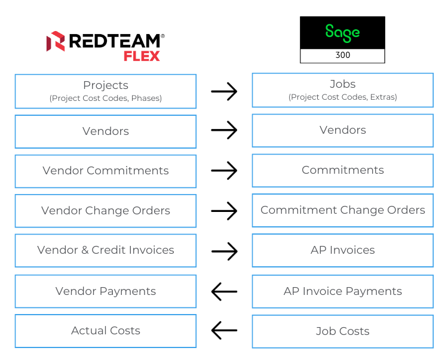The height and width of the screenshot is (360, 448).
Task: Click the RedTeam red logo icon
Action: point(56,41)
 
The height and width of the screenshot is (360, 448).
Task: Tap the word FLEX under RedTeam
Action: point(142,56)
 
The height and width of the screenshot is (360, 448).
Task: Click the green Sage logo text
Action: point(342,32)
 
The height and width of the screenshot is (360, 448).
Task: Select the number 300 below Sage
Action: point(342,56)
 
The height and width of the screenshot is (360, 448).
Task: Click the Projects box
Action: point(105,91)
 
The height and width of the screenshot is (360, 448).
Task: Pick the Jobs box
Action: point(342,90)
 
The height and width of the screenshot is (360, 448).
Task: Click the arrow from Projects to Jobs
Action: point(224,91)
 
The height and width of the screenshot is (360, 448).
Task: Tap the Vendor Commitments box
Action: point(105,171)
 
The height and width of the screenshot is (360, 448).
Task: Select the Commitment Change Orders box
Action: point(342,210)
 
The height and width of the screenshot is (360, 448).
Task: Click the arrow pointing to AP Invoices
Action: point(224,251)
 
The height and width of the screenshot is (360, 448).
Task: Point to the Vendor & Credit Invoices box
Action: point(105,250)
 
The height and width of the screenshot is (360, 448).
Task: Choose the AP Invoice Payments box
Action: point(342,291)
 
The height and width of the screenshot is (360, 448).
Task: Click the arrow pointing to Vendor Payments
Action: point(224,292)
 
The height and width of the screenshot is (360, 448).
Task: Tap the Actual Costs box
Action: point(105,331)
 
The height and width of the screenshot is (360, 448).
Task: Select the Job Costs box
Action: point(342,331)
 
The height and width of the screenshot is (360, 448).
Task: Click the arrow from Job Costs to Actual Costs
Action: point(224,330)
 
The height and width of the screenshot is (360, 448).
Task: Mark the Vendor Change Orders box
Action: point(105,211)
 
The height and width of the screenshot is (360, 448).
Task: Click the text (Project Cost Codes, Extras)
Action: point(342,97)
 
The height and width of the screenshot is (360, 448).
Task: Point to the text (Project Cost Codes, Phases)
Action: point(105,99)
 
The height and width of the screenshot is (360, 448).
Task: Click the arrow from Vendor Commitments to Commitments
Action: point(224,171)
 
